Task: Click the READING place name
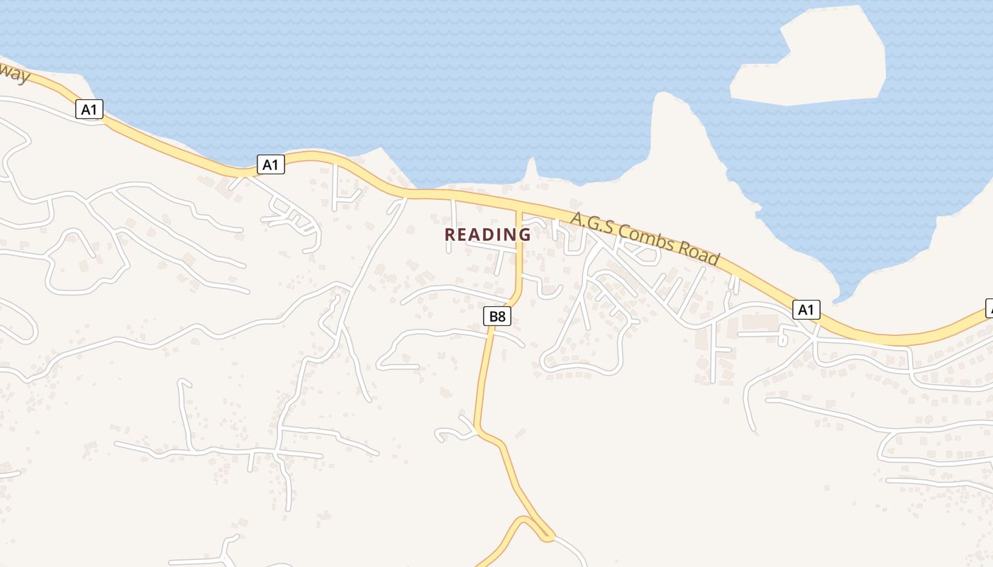(x=487, y=234)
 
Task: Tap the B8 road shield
(x=497, y=316)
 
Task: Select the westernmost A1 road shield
(x=89, y=109)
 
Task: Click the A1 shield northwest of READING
(x=270, y=165)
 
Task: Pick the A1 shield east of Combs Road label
(x=805, y=310)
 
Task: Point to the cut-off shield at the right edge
(x=989, y=308)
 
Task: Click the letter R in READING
(x=450, y=234)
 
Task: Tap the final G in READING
(x=524, y=234)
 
